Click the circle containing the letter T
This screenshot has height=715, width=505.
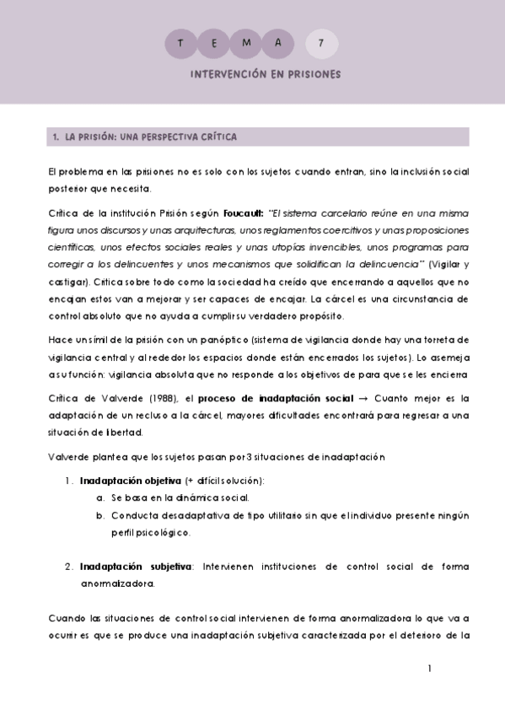(x=180, y=42)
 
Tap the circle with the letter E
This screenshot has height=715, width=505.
(x=215, y=42)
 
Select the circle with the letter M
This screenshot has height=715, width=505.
(x=249, y=42)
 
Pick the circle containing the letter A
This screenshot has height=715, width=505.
(x=283, y=42)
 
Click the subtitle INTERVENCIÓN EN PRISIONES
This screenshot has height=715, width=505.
(x=266, y=74)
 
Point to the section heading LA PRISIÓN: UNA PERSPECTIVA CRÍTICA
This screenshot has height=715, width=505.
(x=145, y=137)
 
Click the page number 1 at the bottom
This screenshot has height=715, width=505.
(x=430, y=669)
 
